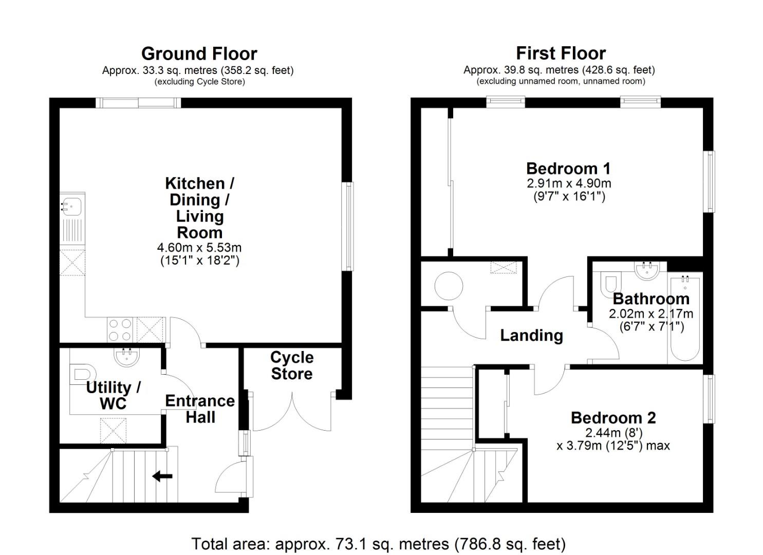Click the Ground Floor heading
199,53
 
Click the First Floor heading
561,53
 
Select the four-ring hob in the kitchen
120,329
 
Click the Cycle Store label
292,365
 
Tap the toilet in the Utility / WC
82,373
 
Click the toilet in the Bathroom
610,283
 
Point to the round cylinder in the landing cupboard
449,285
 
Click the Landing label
531,336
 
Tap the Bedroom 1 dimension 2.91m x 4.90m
568,183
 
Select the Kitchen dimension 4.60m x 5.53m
199,247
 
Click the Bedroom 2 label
613,418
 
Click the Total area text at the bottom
378,543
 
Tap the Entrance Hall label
200,409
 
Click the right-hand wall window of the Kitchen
348,226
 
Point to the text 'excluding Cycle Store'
199,82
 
